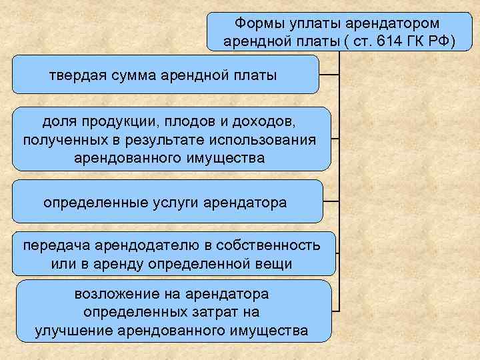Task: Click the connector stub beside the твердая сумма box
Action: pyautogui.click(x=330, y=74)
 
